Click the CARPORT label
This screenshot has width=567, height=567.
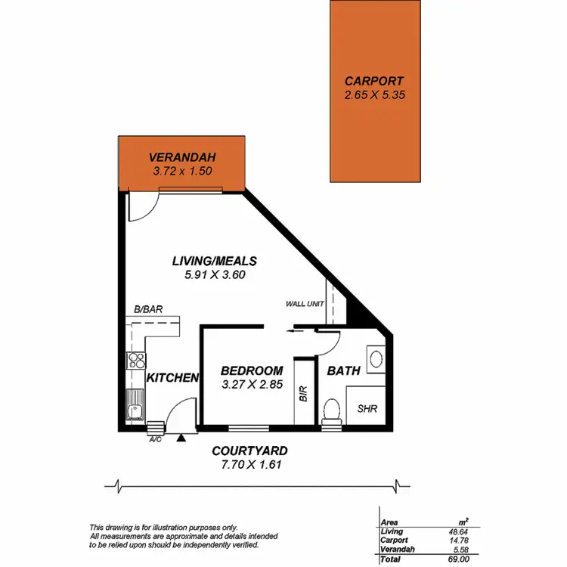point(374,81)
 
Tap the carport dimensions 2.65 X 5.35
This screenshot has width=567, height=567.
point(374,95)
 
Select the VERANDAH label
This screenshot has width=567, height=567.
point(182,157)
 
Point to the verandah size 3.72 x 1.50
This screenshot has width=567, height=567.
point(182,171)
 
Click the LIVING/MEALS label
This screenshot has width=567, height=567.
point(215,261)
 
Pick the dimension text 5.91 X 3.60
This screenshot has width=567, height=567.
point(215,275)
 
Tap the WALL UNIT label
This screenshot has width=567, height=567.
point(305,304)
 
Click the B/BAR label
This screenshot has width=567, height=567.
point(148,309)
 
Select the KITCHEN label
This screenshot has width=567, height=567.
point(172,377)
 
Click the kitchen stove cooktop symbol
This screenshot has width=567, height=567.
point(135,361)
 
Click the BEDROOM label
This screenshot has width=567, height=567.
point(252,370)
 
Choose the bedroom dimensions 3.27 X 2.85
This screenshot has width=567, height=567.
point(252,385)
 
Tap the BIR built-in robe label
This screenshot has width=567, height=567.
point(303,394)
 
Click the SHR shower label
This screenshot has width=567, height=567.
point(367,409)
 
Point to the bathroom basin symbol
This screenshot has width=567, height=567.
point(375,357)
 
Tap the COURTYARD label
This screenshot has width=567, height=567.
point(249,451)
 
